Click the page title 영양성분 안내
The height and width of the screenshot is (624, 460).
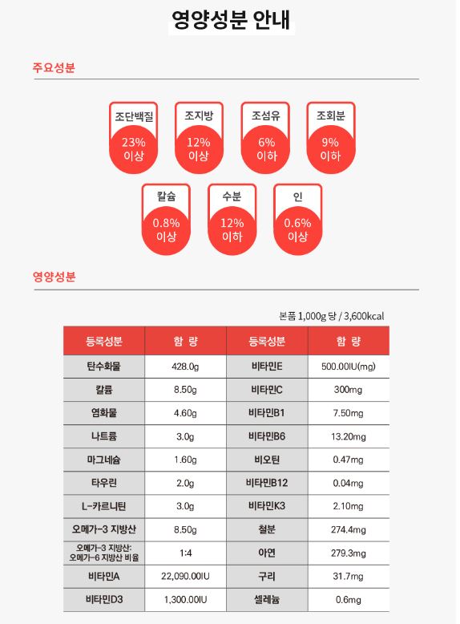point(231,19)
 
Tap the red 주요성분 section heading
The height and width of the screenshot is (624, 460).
point(54,67)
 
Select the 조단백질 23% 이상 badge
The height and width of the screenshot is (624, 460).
point(134,138)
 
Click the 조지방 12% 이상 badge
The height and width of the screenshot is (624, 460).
point(199,138)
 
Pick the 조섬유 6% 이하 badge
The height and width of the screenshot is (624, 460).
point(265,138)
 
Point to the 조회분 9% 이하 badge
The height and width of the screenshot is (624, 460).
point(331,138)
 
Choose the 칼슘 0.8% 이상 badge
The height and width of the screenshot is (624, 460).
point(166,219)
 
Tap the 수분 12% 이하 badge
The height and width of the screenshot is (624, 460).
point(232,219)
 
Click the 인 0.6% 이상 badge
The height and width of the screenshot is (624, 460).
point(298,219)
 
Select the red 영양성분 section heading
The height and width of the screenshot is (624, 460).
point(54,277)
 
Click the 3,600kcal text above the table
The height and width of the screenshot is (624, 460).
point(364,316)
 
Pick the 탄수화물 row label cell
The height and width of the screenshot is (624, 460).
point(104,367)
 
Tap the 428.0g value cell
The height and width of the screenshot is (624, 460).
point(186,367)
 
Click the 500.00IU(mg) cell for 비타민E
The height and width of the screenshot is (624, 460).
point(349,367)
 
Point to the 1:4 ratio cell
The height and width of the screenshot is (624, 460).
point(186,553)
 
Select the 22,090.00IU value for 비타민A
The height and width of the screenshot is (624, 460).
point(186,576)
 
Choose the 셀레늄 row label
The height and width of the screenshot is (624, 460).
point(267,600)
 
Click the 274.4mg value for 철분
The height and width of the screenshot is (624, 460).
point(349,529)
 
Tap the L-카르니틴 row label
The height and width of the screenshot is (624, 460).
point(104,506)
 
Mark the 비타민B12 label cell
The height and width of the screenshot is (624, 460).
point(267,483)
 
